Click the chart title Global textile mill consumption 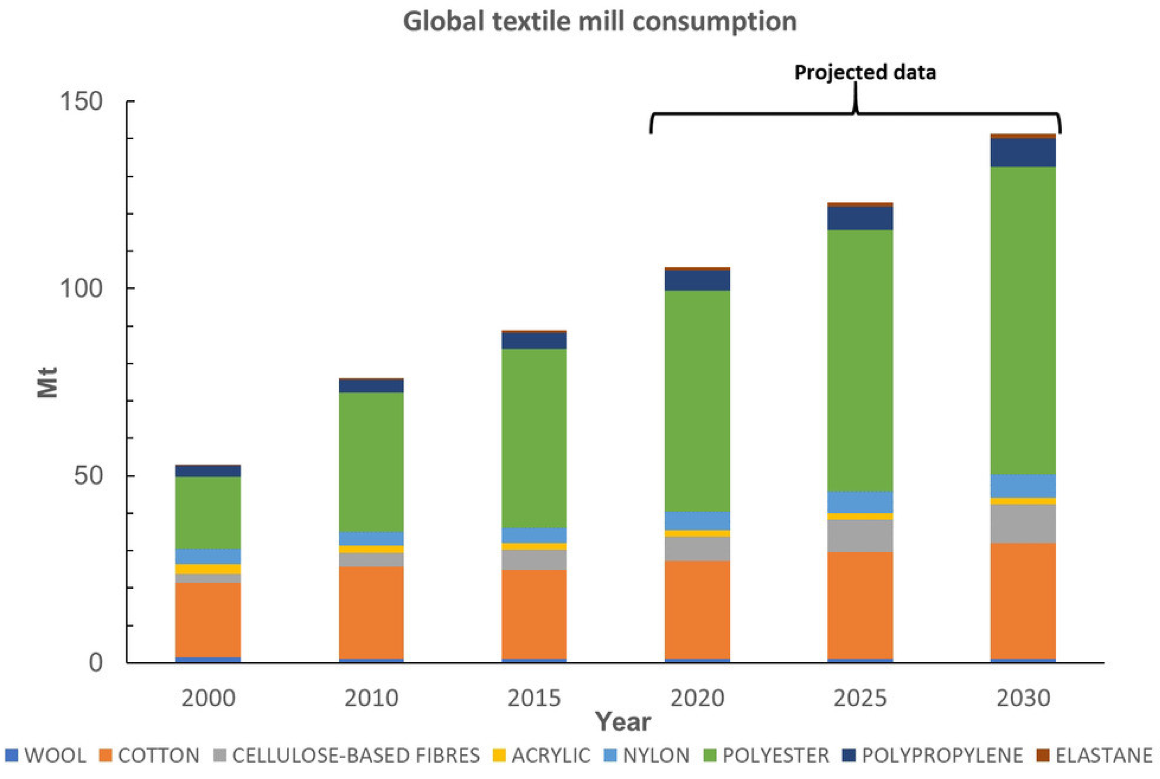coord(600,22)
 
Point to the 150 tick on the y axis coord(81,101)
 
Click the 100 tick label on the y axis coord(81,288)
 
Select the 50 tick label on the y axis coord(88,475)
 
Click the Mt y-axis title coord(48,383)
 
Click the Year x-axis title coord(623,721)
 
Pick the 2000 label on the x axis coord(208,698)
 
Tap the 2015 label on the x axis coord(534,698)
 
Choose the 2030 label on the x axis coord(1024,698)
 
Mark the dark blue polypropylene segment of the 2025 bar coord(860,218)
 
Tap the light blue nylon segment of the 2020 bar coord(697,521)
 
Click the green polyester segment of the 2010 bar coord(371,462)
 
